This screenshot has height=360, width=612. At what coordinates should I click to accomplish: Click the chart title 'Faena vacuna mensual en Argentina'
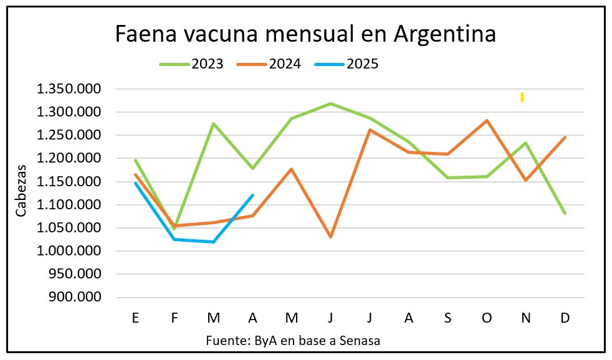pos(305,34)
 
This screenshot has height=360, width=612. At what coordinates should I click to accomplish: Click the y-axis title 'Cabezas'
pos(22,190)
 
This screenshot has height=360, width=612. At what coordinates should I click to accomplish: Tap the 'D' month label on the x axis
pos(565,318)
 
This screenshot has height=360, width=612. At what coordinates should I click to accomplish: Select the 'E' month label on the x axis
pos(135,318)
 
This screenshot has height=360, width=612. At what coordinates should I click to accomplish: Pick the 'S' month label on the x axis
pos(447,318)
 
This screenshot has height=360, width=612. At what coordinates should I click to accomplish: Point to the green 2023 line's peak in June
pos(331,103)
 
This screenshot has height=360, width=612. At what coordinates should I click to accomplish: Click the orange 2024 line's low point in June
pos(331,237)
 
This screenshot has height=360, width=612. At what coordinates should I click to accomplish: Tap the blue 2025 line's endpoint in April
pos(252,195)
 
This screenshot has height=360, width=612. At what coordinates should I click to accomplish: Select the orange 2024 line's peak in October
pos(487,120)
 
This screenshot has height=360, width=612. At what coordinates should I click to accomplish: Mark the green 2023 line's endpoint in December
pos(565,213)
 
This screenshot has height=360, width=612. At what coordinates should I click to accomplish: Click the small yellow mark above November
pos(522,97)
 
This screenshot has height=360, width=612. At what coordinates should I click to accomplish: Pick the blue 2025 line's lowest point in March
pos(214,242)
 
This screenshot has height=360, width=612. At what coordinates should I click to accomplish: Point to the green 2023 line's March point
pos(214,123)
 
